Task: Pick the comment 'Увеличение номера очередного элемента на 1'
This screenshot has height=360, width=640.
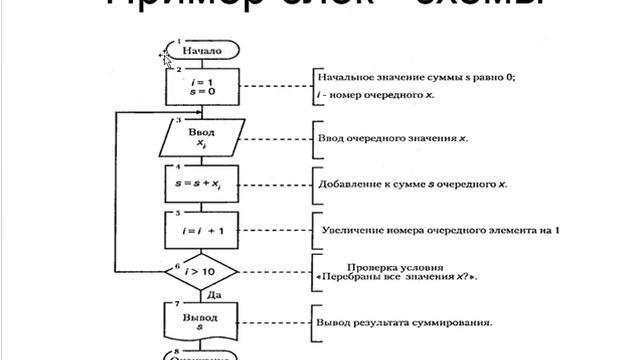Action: (x=440, y=230)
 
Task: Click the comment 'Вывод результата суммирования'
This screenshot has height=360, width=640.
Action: (x=407, y=322)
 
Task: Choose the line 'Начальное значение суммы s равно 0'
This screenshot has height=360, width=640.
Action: (x=416, y=77)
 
